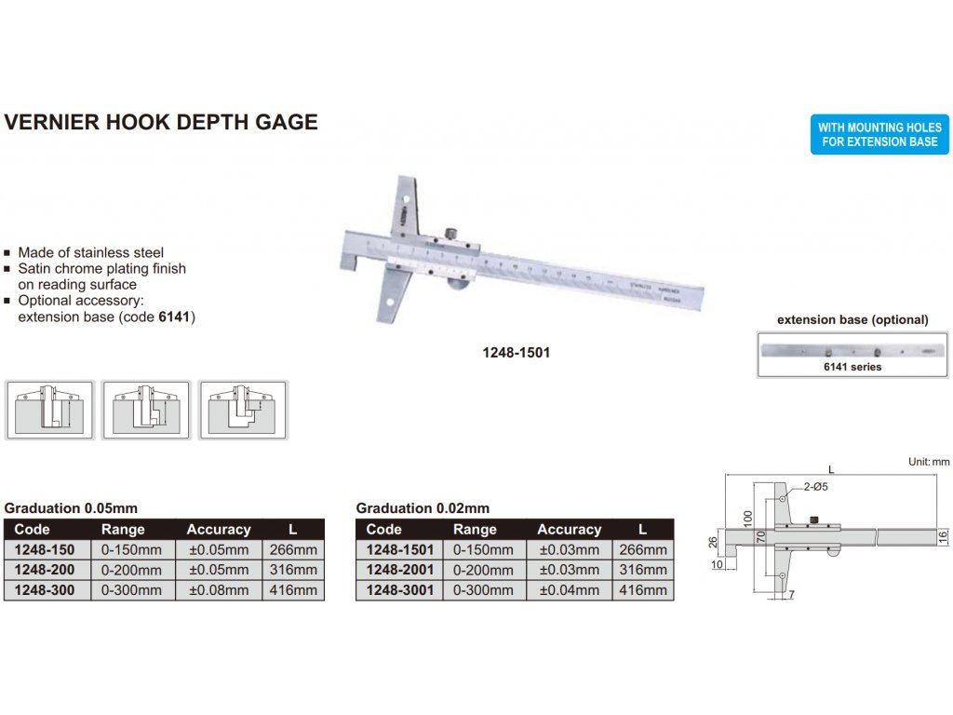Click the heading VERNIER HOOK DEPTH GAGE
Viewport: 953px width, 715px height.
point(161,122)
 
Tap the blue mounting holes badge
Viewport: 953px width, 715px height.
point(879,135)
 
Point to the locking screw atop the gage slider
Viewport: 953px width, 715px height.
point(451,233)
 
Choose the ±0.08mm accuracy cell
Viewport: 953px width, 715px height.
point(219,590)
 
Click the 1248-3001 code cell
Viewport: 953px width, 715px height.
point(399,590)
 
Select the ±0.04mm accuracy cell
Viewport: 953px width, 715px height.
point(570,590)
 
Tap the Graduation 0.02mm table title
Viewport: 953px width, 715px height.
point(423,508)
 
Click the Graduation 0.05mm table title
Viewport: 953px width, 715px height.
point(71,508)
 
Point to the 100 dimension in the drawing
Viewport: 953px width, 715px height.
point(746,517)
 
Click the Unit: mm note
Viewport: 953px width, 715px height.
point(928,462)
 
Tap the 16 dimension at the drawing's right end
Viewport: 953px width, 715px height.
point(942,536)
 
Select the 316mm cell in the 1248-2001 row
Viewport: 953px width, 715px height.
point(643,570)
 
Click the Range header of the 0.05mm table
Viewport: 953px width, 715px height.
point(123,529)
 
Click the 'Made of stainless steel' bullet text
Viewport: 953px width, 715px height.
point(90,252)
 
